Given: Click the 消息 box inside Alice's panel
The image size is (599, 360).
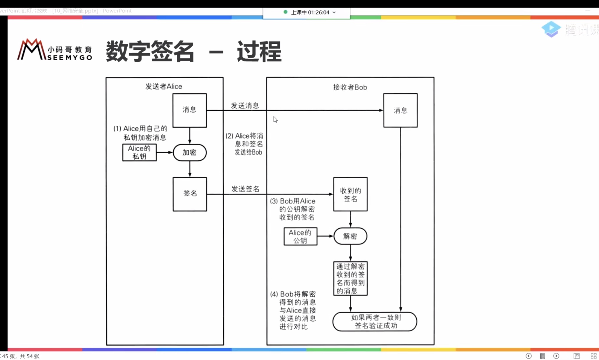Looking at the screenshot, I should pyautogui.click(x=189, y=110).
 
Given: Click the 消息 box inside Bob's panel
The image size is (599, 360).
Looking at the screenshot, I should pyautogui.click(x=400, y=110).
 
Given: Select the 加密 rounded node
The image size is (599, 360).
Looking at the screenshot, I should pyautogui.click(x=189, y=152).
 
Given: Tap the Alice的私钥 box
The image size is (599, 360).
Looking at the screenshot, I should pyautogui.click(x=139, y=152).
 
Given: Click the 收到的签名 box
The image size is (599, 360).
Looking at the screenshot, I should pyautogui.click(x=350, y=194).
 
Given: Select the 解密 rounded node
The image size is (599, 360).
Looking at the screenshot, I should pyautogui.click(x=350, y=236).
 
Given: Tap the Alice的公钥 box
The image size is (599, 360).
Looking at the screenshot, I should pyautogui.click(x=300, y=236).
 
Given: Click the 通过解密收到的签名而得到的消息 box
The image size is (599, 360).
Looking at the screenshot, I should pyautogui.click(x=350, y=278).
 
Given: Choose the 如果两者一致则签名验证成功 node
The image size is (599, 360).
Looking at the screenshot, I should pyautogui.click(x=374, y=322).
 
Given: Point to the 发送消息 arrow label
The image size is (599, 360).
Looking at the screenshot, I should pyautogui.click(x=245, y=106).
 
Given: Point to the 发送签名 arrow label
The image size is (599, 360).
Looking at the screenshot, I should pyautogui.click(x=245, y=189).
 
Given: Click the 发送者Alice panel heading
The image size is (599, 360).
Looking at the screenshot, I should pyautogui.click(x=163, y=86).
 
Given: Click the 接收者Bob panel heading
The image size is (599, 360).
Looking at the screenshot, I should pyautogui.click(x=350, y=87).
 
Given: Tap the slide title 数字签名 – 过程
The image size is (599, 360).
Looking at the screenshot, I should pyautogui.click(x=193, y=52).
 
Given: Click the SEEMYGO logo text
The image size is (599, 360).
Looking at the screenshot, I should pyautogui.click(x=69, y=57).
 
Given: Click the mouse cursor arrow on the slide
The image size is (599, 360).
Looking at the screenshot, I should pyautogui.click(x=275, y=119).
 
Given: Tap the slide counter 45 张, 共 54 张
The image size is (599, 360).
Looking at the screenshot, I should pyautogui.click(x=21, y=356).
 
